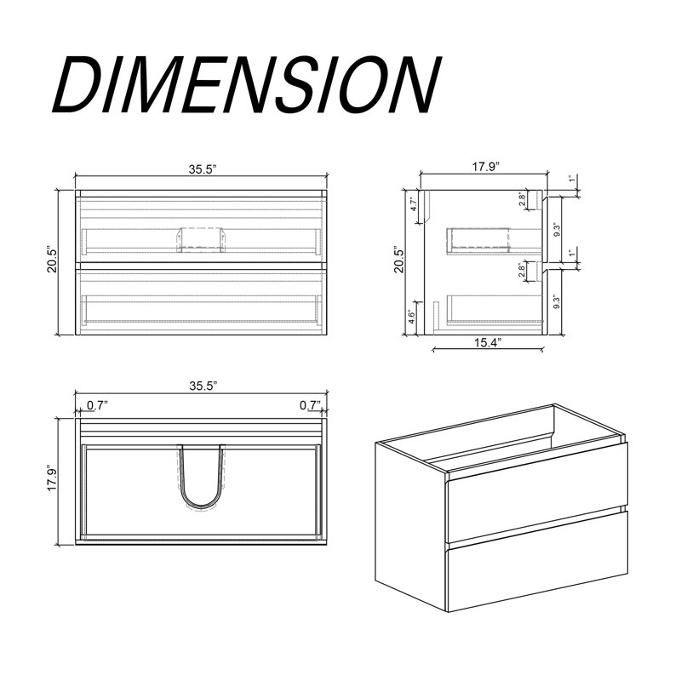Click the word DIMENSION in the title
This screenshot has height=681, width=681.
tap(247, 85)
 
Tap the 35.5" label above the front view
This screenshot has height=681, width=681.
tap(203, 169)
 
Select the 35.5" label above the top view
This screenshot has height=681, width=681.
tap(203, 386)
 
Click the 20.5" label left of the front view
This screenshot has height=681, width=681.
tap(52, 260)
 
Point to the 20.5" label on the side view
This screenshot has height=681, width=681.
tap(398, 260)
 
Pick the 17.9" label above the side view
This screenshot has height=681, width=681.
tap(485, 167)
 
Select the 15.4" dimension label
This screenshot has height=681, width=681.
tap(487, 343)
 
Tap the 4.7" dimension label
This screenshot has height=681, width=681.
tap(414, 204)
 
